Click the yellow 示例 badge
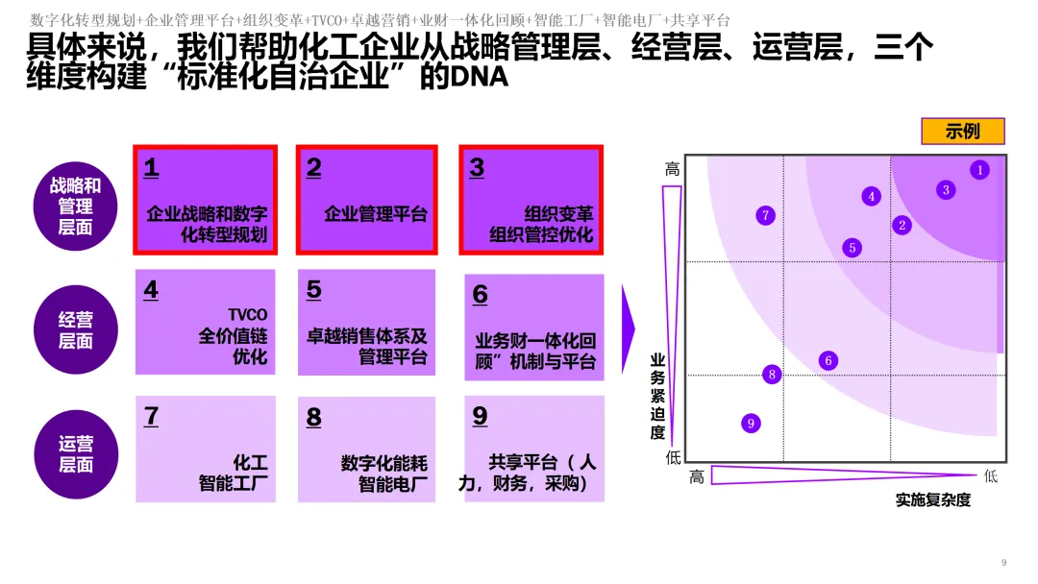(x=962, y=132)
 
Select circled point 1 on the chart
(x=979, y=170)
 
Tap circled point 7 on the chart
(x=766, y=215)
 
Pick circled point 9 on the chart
(x=752, y=423)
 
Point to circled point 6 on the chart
(x=828, y=361)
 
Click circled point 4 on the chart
(x=872, y=196)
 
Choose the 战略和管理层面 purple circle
(x=75, y=206)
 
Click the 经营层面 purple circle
(x=75, y=329)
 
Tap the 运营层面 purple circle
(x=75, y=454)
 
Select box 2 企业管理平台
(x=367, y=200)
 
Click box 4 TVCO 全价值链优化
(x=206, y=322)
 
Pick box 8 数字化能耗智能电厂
(x=366, y=449)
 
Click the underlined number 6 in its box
(x=480, y=294)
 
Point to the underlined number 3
(x=477, y=168)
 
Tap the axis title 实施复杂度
(x=932, y=499)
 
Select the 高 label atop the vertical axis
(x=673, y=169)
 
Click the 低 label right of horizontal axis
(x=991, y=475)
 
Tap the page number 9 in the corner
(x=1003, y=562)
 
